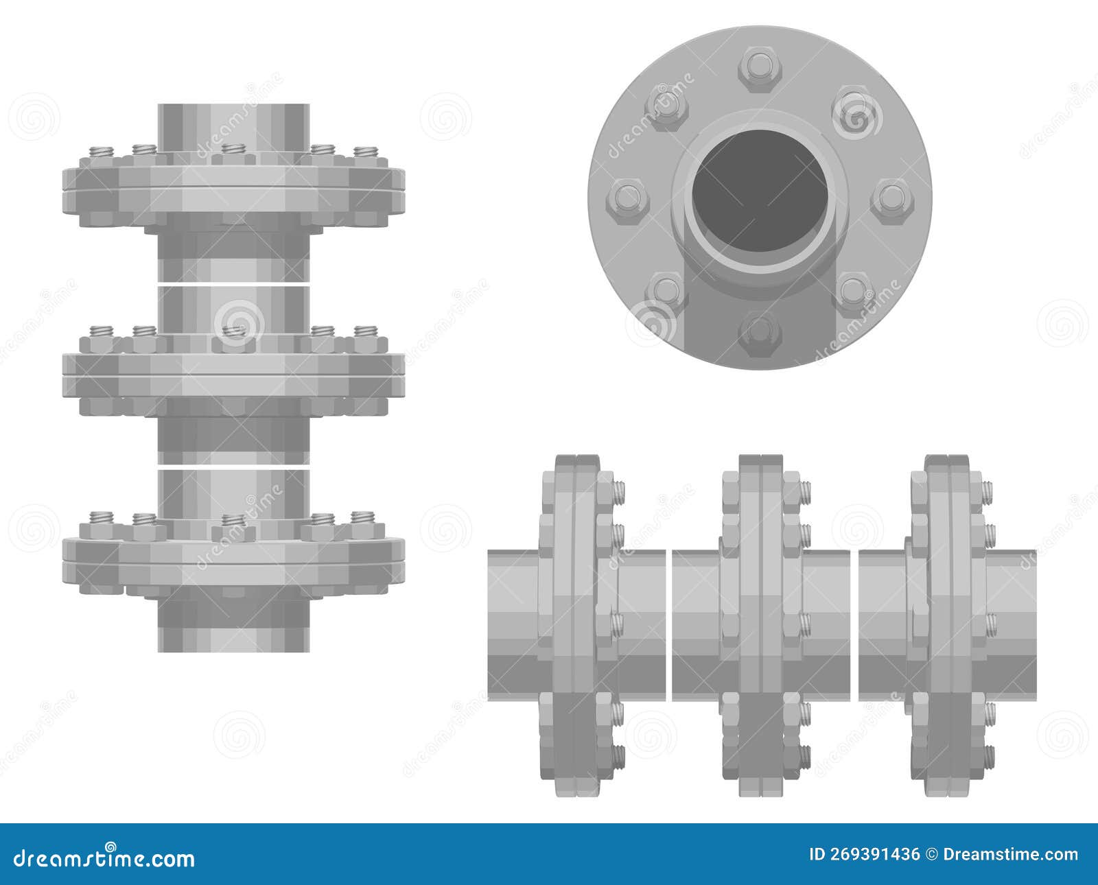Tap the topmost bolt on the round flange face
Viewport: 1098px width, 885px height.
(760, 67)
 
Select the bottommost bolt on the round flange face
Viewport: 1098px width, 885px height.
(760, 335)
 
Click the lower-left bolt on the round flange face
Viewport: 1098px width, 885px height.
(666, 292)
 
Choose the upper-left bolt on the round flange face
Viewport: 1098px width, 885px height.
(666, 106)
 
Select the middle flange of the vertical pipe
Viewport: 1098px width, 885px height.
(233, 374)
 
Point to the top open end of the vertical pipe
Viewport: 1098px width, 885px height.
(233, 110)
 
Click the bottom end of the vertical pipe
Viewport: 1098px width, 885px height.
(233, 641)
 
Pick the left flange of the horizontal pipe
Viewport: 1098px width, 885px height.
(576, 624)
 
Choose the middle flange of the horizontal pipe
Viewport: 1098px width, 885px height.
(760, 624)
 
